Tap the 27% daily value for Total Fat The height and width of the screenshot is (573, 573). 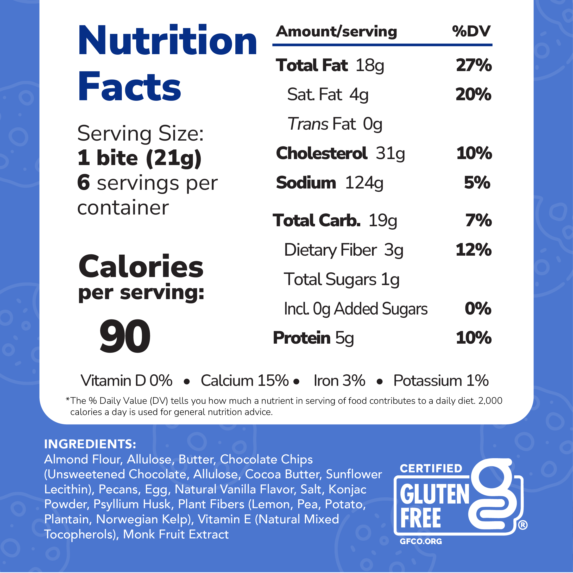pyautogui.click(x=474, y=65)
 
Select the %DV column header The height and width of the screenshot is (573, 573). pyautogui.click(x=471, y=32)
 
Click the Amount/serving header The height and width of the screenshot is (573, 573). pyautogui.click(x=336, y=32)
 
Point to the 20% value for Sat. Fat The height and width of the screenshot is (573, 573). pyautogui.click(x=473, y=95)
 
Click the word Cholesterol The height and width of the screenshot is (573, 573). pyautogui.click(x=322, y=153)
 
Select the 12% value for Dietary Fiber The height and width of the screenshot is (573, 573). pyautogui.click(x=473, y=250)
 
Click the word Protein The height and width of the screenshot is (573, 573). pyautogui.click(x=301, y=338)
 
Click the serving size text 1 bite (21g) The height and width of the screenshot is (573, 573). pyautogui.click(x=139, y=158)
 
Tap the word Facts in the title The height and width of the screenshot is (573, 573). pyautogui.click(x=129, y=87)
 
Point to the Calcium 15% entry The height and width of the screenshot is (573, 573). pyautogui.click(x=245, y=381)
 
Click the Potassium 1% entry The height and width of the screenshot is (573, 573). pyautogui.click(x=441, y=381)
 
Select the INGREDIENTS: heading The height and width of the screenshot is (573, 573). pyautogui.click(x=90, y=444)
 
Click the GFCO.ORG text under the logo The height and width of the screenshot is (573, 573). pyautogui.click(x=420, y=541)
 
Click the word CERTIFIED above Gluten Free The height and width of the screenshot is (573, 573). pyautogui.click(x=431, y=468)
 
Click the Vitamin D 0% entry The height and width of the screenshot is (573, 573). pyautogui.click(x=126, y=381)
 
